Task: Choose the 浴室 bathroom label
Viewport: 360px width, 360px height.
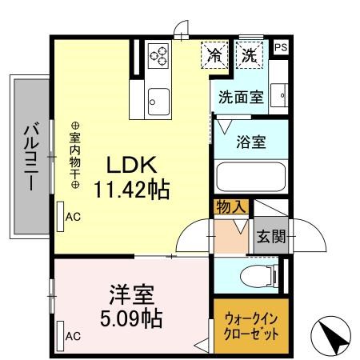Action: tap(250, 143)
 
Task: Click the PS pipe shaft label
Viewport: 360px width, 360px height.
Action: tap(280, 48)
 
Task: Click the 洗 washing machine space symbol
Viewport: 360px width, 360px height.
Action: tap(250, 56)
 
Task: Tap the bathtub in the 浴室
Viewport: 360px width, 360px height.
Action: tap(250, 177)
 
